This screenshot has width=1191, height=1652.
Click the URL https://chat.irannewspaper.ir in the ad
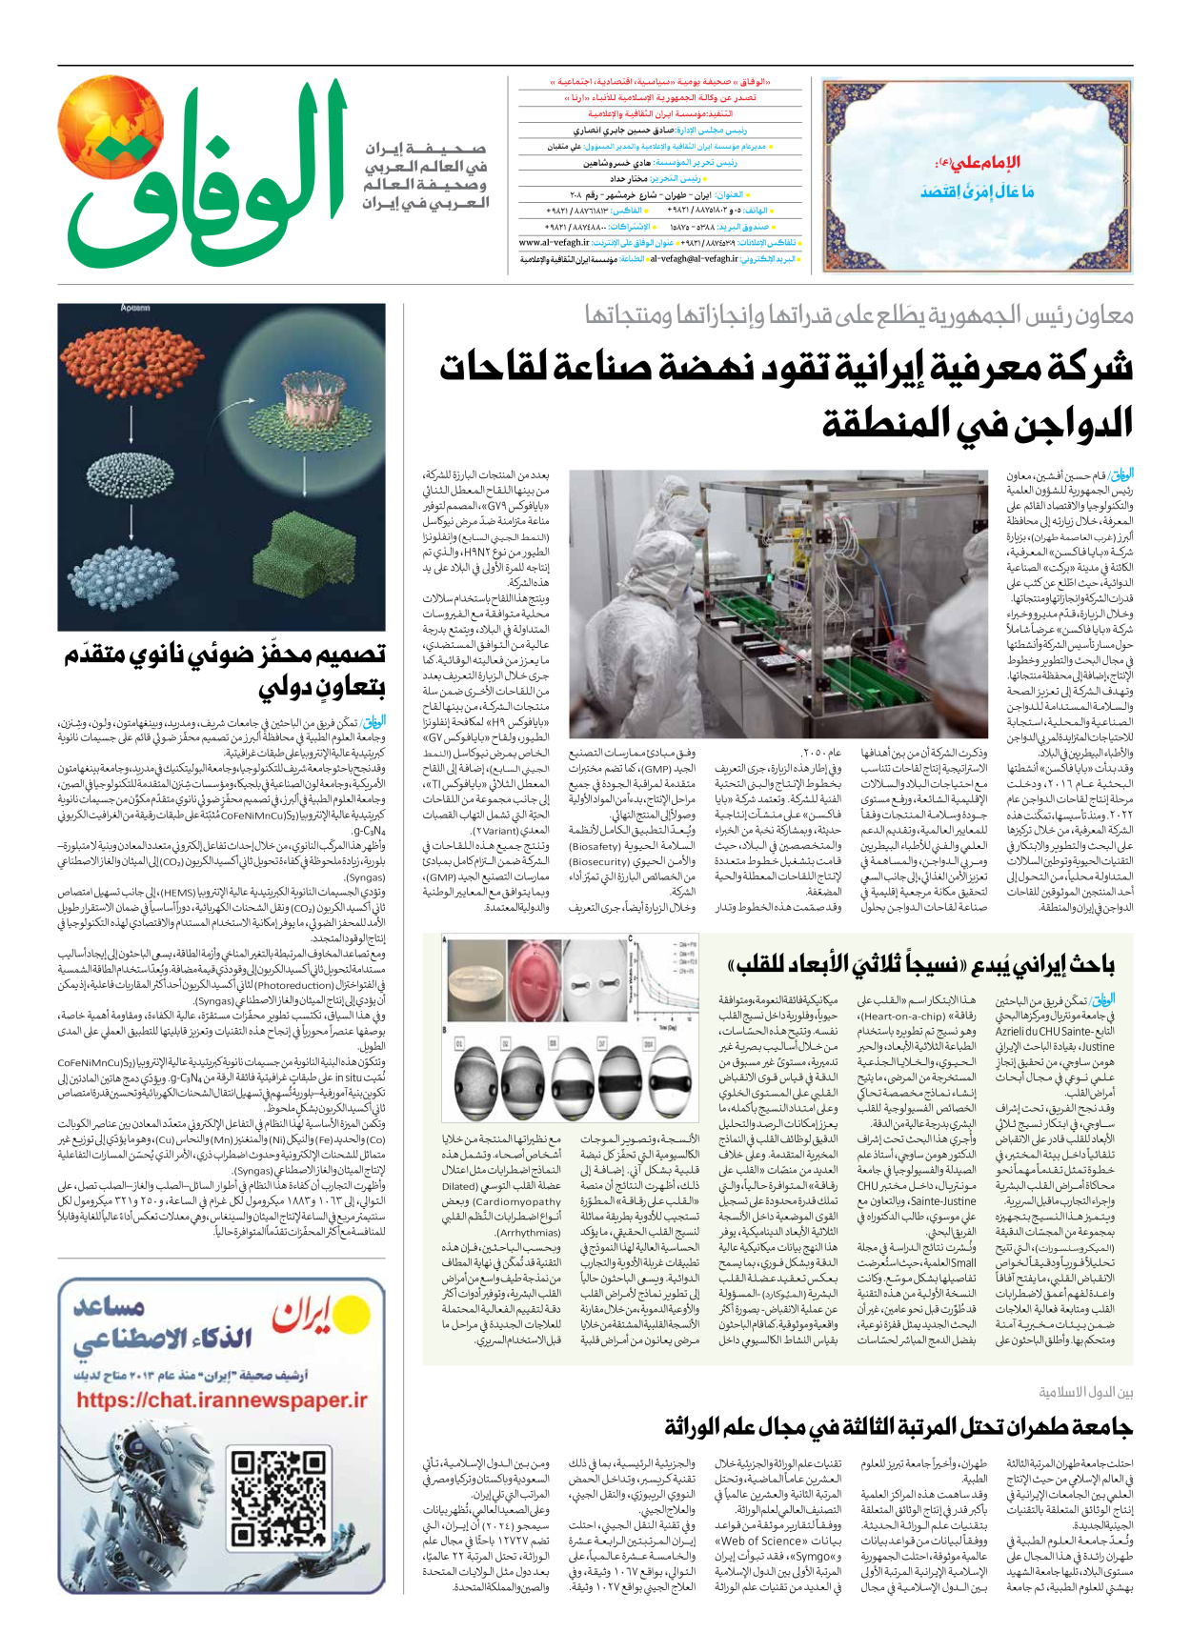222,1400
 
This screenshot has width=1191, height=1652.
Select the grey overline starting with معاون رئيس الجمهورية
858,315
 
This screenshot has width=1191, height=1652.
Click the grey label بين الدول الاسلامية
1085,1393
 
